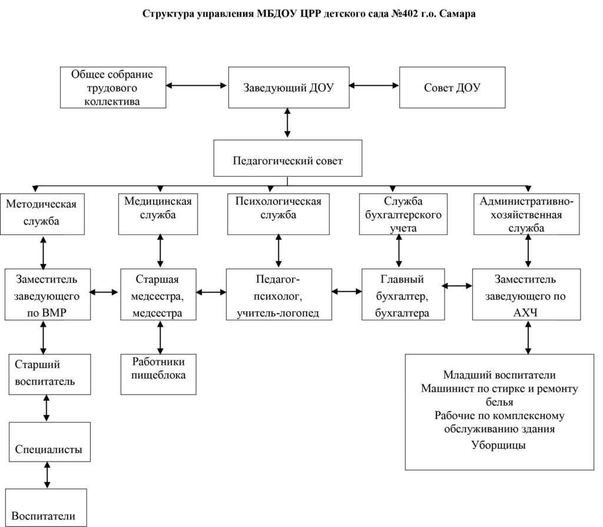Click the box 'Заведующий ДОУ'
click(289, 87)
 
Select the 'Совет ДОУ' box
click(452, 87)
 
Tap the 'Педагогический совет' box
click(287, 158)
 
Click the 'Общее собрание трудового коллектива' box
click(113, 87)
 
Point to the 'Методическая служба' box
click(42, 214)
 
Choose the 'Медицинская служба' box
click(158, 214)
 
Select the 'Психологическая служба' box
click(279, 214)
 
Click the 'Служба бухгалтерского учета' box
click(403, 214)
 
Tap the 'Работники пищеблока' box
click(158, 374)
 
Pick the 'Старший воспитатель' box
click(49, 374)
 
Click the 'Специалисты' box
click(49, 442)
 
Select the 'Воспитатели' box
click(46, 508)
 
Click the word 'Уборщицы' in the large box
click(498, 446)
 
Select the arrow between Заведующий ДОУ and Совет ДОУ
click(374, 85)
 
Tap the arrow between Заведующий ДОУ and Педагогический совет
click(287, 122)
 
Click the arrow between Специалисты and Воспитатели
click(47, 475)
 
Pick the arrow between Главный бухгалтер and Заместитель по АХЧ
click(457, 286)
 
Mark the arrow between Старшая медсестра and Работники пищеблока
click(160, 337)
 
